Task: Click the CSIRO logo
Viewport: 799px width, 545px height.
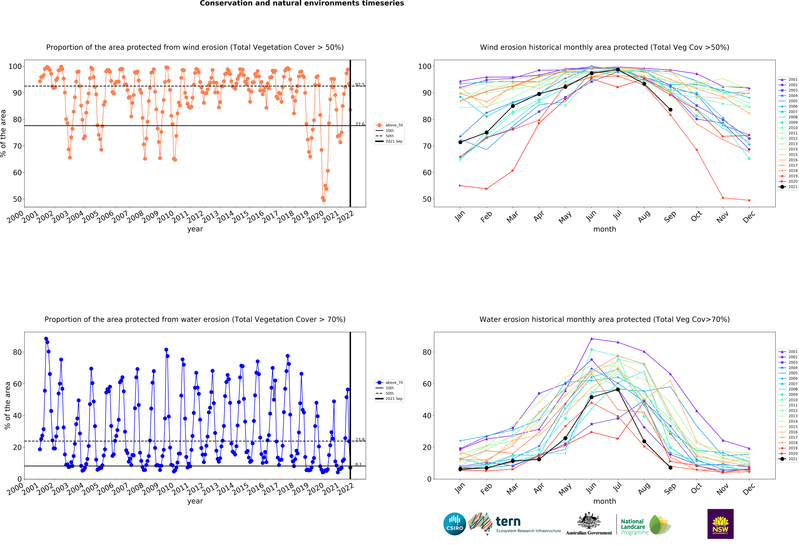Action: pos(455,524)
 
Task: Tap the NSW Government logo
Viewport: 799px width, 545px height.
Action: pos(720,524)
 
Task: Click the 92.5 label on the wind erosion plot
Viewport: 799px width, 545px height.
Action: pos(360,85)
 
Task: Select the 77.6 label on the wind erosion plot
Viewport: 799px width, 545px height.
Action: pos(360,124)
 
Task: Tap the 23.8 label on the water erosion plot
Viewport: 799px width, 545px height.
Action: pos(360,440)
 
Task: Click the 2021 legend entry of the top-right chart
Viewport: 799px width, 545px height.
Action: pos(788,187)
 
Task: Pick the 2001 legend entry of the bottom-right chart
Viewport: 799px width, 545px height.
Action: pos(788,352)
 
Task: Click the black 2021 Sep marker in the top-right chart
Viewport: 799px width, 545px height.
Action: pos(670,110)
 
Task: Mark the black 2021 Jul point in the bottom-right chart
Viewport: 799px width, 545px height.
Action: pos(618,389)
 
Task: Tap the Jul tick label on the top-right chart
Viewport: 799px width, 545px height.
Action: pos(618,215)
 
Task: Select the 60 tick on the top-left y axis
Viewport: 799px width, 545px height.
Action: pos(17,173)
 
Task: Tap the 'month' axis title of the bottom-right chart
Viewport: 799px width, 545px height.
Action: pos(605,501)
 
